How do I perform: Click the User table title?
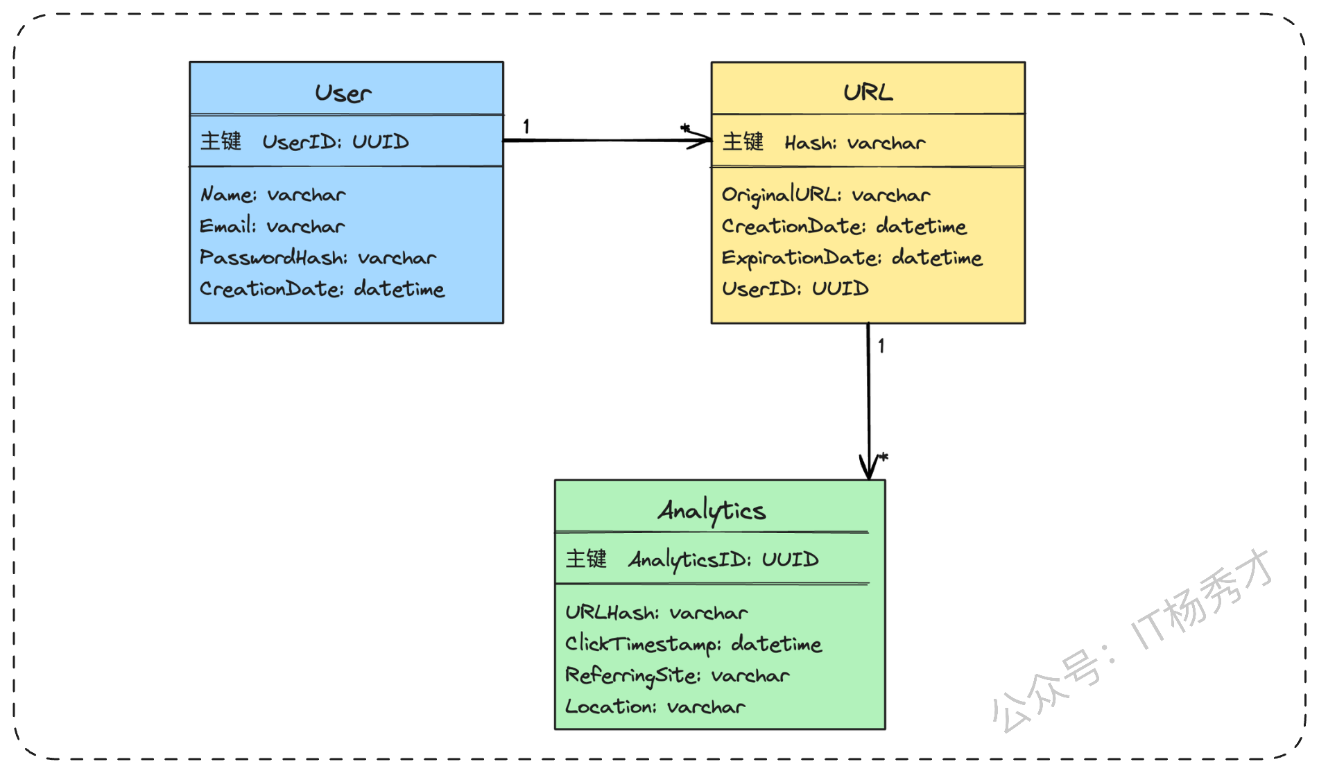pyautogui.click(x=343, y=93)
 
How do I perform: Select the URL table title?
pyautogui.click(x=868, y=92)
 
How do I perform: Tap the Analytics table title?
pyautogui.click(x=712, y=512)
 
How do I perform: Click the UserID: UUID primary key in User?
pyautogui.click(x=336, y=141)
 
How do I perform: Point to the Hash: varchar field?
pyautogui.click(x=855, y=143)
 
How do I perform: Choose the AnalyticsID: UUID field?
pyautogui.click(x=723, y=559)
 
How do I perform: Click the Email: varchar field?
pyautogui.click(x=272, y=225)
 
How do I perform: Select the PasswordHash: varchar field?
pyautogui.click(x=318, y=257)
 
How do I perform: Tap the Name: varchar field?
pyautogui.click(x=273, y=194)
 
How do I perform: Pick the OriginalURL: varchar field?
pyautogui.click(x=826, y=196)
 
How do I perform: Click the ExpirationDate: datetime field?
pyautogui.click(x=852, y=258)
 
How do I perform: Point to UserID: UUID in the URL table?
pyautogui.click(x=795, y=288)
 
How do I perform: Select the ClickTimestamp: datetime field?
pyautogui.click(x=693, y=645)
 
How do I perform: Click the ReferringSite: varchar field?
pyautogui.click(x=678, y=676)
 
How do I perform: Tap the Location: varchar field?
pyautogui.click(x=655, y=706)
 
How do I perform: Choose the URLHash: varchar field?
pyautogui.click(x=656, y=612)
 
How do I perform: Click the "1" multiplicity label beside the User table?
pyautogui.click(x=526, y=126)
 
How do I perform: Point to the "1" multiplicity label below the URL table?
pyautogui.click(x=881, y=346)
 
